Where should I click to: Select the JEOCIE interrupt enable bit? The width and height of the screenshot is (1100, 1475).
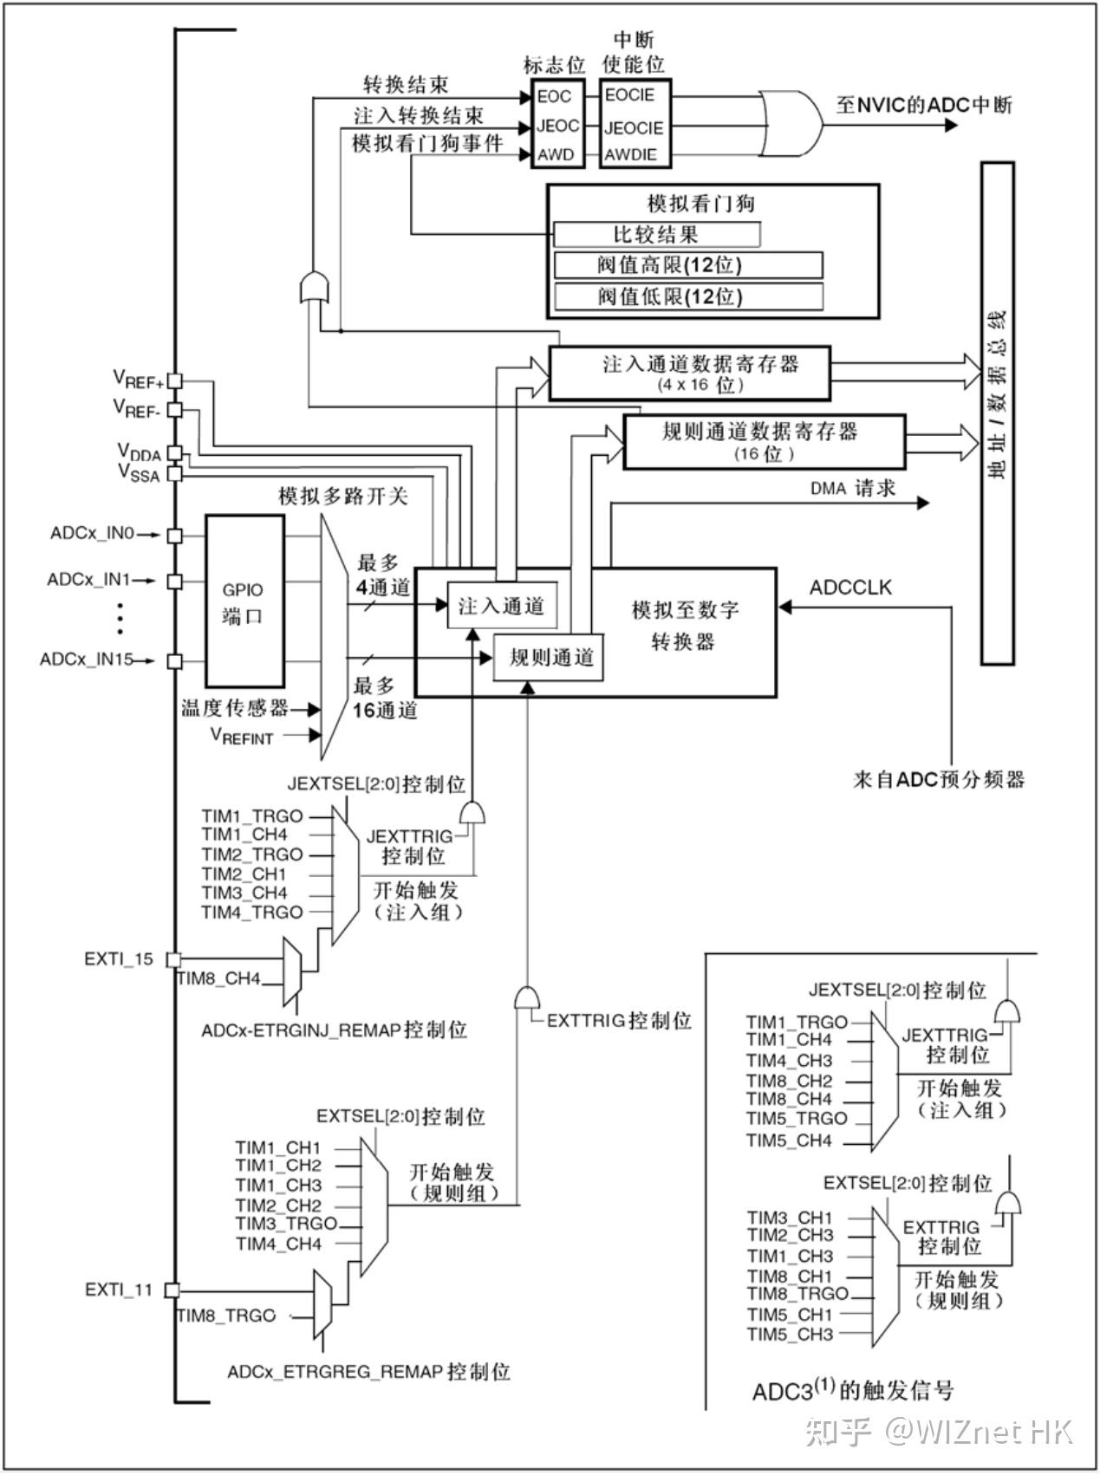(x=634, y=127)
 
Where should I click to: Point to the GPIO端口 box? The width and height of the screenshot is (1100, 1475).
(x=244, y=601)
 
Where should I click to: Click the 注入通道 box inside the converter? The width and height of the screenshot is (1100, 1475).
(x=501, y=606)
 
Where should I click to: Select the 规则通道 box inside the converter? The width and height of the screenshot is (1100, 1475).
(x=550, y=658)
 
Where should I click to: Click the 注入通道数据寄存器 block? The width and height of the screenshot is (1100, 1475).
(x=689, y=373)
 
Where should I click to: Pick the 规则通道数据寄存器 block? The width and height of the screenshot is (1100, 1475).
(x=765, y=440)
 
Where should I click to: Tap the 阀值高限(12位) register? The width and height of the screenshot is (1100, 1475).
(x=688, y=265)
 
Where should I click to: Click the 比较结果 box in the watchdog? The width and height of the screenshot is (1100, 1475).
(x=657, y=235)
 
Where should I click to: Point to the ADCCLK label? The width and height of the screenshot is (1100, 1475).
(x=850, y=587)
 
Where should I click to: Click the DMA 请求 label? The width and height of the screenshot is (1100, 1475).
(x=853, y=489)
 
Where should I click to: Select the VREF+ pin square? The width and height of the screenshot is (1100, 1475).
(x=175, y=380)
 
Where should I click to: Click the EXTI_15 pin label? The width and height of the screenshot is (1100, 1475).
(x=119, y=958)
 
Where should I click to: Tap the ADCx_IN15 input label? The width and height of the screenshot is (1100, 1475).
(x=87, y=660)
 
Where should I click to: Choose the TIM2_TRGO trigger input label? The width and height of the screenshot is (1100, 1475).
(x=252, y=854)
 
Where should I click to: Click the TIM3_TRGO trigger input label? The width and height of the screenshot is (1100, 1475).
(x=286, y=1224)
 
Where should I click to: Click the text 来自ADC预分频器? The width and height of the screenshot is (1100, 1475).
(x=939, y=779)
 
